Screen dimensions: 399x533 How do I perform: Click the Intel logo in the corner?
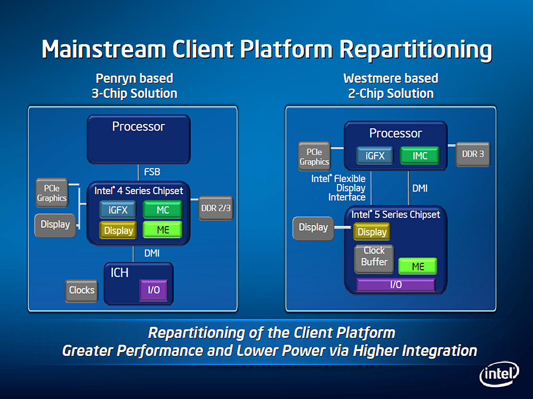499,375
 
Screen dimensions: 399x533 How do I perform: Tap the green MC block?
163,210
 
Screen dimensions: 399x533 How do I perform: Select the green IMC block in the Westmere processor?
420,156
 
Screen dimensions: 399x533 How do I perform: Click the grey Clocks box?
82,290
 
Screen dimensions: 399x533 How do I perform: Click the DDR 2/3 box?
216,208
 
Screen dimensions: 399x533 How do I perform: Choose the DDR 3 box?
473,154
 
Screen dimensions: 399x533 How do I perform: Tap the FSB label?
152,172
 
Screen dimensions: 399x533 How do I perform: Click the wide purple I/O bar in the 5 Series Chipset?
396,285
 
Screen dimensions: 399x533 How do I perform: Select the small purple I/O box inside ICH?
154,290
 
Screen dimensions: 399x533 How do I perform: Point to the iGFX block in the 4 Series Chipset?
118,210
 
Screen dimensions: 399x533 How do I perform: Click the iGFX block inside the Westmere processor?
375,156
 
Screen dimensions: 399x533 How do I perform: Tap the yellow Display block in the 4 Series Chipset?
118,230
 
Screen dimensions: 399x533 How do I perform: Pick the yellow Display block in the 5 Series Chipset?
372,232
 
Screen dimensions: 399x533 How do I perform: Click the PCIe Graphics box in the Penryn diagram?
52,193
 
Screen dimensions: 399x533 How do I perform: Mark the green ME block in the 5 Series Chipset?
418,266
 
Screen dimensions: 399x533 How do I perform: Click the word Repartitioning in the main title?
416,49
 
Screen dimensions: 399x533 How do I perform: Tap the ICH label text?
119,272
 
